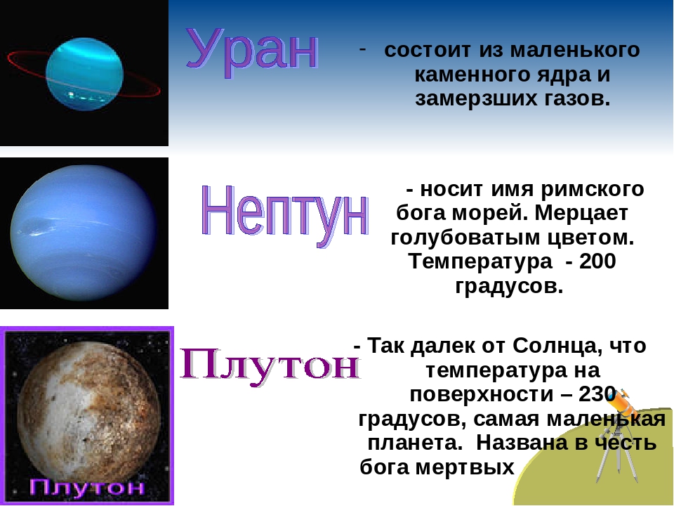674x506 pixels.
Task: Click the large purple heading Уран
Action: [252, 53]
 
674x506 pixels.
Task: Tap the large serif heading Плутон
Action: [270, 365]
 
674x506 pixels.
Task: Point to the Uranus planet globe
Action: [85, 74]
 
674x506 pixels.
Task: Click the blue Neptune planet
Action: [84, 233]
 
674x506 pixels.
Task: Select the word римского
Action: [593, 190]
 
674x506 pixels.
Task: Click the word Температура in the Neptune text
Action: [481, 262]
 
